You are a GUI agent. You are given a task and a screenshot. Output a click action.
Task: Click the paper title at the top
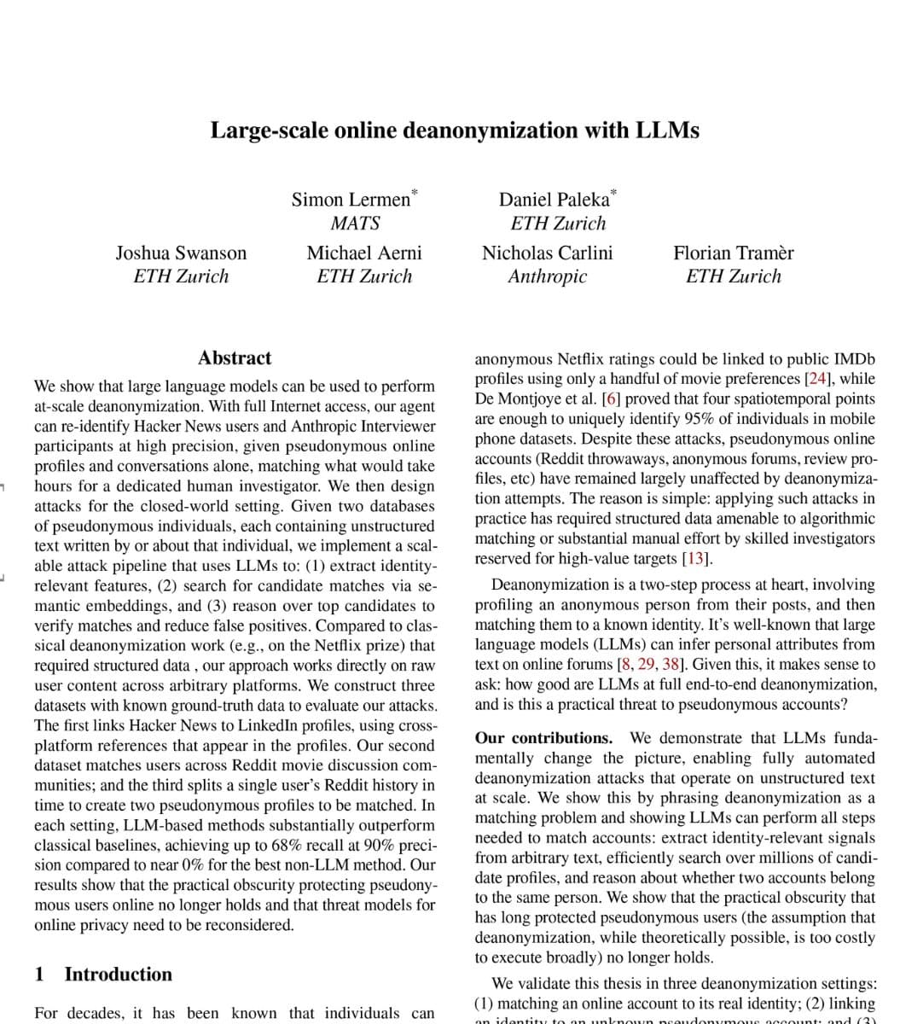click(x=455, y=131)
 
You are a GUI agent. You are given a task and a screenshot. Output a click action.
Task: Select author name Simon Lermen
click(x=351, y=200)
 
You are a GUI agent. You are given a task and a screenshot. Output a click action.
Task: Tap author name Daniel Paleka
click(x=554, y=200)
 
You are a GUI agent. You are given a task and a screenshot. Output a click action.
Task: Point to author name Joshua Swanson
click(x=181, y=253)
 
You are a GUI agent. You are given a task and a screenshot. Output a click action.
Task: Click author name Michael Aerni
click(x=363, y=253)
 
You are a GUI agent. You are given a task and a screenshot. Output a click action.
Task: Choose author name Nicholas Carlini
click(x=547, y=253)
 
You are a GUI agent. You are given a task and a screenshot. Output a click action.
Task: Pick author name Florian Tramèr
click(x=733, y=253)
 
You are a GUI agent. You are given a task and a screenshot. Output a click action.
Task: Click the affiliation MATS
click(x=355, y=224)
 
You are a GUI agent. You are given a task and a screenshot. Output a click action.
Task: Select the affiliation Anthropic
click(x=547, y=276)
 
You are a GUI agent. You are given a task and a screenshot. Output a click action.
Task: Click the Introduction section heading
click(x=118, y=975)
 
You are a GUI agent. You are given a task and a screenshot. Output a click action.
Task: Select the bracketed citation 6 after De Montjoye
click(x=610, y=399)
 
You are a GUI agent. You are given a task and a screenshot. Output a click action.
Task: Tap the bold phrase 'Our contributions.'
click(x=543, y=738)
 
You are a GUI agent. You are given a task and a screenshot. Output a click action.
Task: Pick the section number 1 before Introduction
click(x=39, y=975)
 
